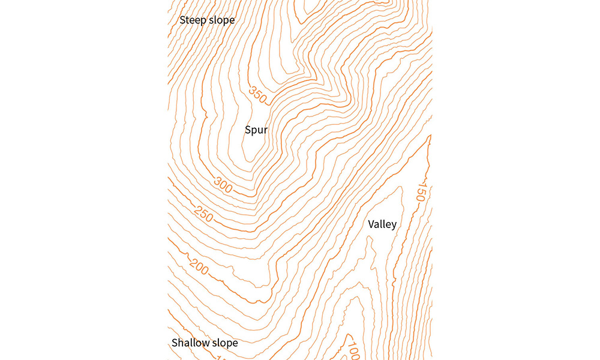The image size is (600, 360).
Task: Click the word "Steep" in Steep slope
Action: click(193, 20)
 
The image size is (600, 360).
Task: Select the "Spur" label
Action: click(256, 130)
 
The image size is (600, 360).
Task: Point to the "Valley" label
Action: click(382, 224)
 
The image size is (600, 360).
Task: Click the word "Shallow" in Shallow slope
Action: click(190, 343)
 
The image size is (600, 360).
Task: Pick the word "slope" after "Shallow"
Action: click(224, 343)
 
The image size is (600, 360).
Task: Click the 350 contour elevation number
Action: click(258, 95)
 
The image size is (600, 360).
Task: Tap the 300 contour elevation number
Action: click(223, 186)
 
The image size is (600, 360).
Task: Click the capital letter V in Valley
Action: click(371, 224)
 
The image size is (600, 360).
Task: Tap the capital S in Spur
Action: click(248, 130)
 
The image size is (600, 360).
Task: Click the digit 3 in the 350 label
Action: click(253, 90)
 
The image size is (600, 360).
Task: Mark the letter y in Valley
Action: click(394, 226)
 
